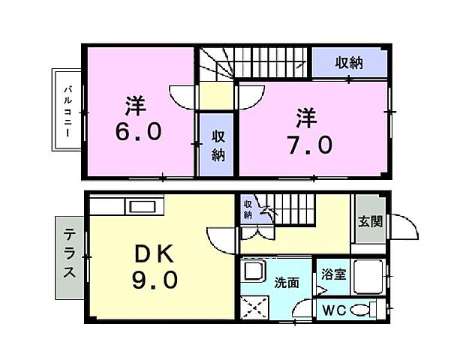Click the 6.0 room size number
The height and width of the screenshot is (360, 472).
click(138, 132)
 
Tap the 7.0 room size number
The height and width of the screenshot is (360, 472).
click(308, 143)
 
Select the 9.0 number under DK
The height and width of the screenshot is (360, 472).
click(155, 280)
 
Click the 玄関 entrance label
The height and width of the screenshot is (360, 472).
click(369, 222)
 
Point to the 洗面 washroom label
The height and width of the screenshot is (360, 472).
click(287, 283)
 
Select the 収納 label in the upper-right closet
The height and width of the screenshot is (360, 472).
click(348, 63)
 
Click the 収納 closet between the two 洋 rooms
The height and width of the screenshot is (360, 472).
click(218, 145)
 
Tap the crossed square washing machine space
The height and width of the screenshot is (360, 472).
click(254, 307)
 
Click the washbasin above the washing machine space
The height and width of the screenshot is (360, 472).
click(253, 271)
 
